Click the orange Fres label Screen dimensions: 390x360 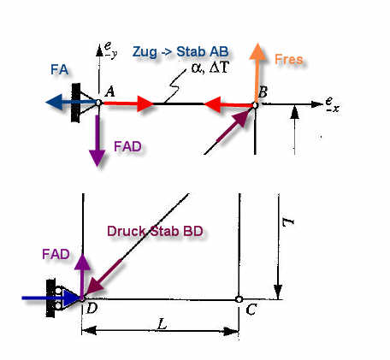(288, 59)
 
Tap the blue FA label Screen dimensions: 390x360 (59, 69)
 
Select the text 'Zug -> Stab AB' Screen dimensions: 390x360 (180, 52)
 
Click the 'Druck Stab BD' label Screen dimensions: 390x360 (155, 231)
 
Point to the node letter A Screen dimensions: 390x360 (109, 92)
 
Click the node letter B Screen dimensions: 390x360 (263, 92)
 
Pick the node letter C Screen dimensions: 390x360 (251, 310)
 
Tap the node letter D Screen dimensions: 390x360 (92, 308)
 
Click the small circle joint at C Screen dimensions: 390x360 (239, 299)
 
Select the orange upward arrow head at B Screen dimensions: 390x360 (257, 51)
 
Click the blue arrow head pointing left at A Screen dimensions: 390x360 (54, 102)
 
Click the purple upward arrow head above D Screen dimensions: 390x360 (82, 262)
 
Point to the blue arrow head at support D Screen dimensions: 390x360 (71, 298)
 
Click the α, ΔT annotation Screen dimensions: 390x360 (210, 68)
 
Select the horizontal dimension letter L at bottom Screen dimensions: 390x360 (162, 324)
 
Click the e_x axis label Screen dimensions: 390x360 (332, 104)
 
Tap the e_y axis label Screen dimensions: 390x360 (110, 50)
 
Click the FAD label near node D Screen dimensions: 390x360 (56, 254)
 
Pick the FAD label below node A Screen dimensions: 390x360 (127, 146)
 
